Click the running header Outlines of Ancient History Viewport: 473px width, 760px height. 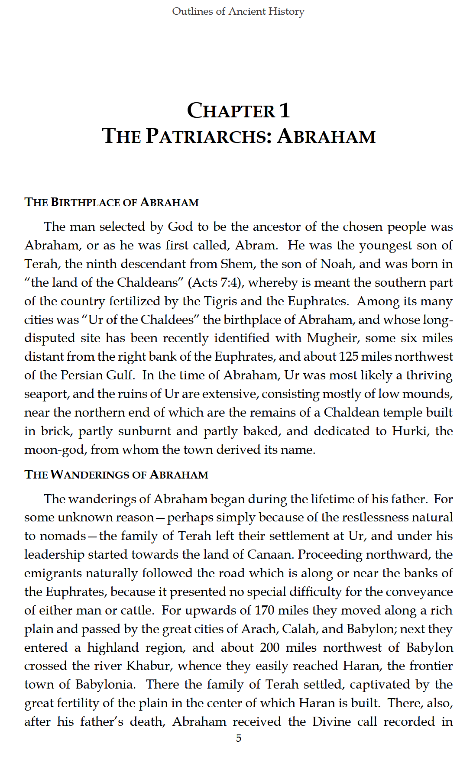point(238,11)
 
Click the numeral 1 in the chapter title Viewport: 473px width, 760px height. point(284,110)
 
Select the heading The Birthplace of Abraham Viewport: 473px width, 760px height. point(111,203)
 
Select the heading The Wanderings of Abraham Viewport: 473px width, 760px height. point(116,475)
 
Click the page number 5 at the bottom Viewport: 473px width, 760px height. point(238,738)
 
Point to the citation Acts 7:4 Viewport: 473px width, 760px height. point(214,283)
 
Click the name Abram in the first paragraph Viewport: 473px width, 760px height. point(256,246)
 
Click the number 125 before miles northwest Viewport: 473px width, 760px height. point(349,357)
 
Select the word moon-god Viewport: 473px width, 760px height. point(54,450)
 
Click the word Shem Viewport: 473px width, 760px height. point(236,264)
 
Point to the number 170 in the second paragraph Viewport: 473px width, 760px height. point(264,611)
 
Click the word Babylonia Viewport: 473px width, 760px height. point(104,685)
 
